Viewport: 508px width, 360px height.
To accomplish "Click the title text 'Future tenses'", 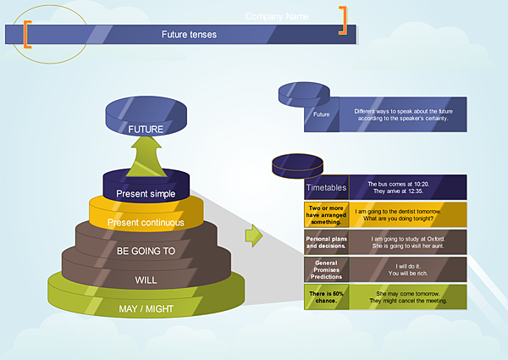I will pyautogui.click(x=189, y=35).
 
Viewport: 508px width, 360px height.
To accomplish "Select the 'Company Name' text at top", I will pyautogui.click(x=277, y=16).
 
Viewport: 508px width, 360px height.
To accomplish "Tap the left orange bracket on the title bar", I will pyautogui.click(x=27, y=34).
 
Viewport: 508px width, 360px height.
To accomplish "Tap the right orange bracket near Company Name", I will pyautogui.click(x=343, y=21).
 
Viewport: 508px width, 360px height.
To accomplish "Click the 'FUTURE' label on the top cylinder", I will pyautogui.click(x=145, y=130).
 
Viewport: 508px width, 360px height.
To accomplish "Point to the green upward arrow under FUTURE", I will pyautogui.click(x=145, y=157).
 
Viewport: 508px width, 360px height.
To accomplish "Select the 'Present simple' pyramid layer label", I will pyautogui.click(x=146, y=194).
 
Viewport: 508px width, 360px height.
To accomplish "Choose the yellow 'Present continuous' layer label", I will pyautogui.click(x=146, y=223).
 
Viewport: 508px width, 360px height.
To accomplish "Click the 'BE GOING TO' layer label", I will pyautogui.click(x=146, y=251).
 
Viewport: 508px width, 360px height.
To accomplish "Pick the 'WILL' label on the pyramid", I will pyautogui.click(x=146, y=280).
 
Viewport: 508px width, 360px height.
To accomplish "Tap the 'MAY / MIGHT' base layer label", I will pyautogui.click(x=146, y=307).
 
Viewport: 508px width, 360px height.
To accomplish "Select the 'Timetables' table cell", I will pyautogui.click(x=325, y=187).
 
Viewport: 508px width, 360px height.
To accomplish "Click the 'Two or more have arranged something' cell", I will pyautogui.click(x=325, y=215).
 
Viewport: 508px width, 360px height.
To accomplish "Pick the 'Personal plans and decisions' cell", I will pyautogui.click(x=325, y=242).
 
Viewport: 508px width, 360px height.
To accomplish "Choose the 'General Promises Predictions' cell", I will pyautogui.click(x=325, y=269).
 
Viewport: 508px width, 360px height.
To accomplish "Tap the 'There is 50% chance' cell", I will pyautogui.click(x=325, y=296).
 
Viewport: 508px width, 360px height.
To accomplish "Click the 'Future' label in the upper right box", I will pyautogui.click(x=322, y=114).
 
